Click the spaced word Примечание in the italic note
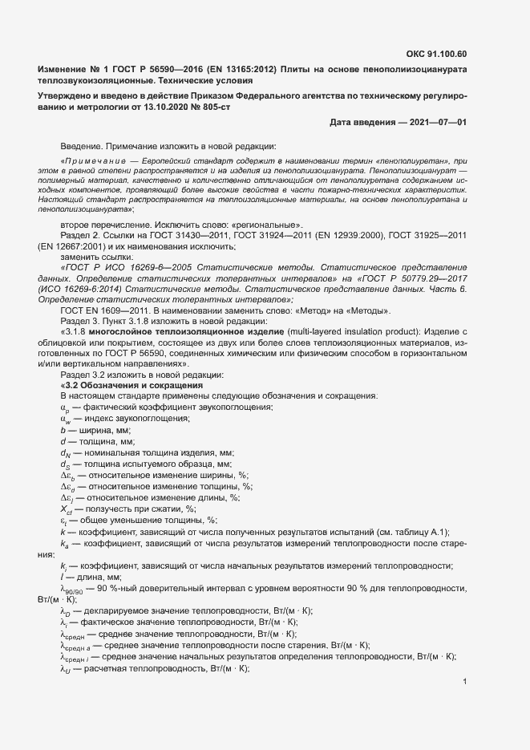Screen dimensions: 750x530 [x=94, y=161]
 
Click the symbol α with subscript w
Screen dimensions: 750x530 [x=65, y=419]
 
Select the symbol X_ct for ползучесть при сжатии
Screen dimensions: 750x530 [x=67, y=509]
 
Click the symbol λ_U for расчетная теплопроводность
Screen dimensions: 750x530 [x=66, y=668]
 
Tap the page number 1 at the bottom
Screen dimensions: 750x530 [x=466, y=682]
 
